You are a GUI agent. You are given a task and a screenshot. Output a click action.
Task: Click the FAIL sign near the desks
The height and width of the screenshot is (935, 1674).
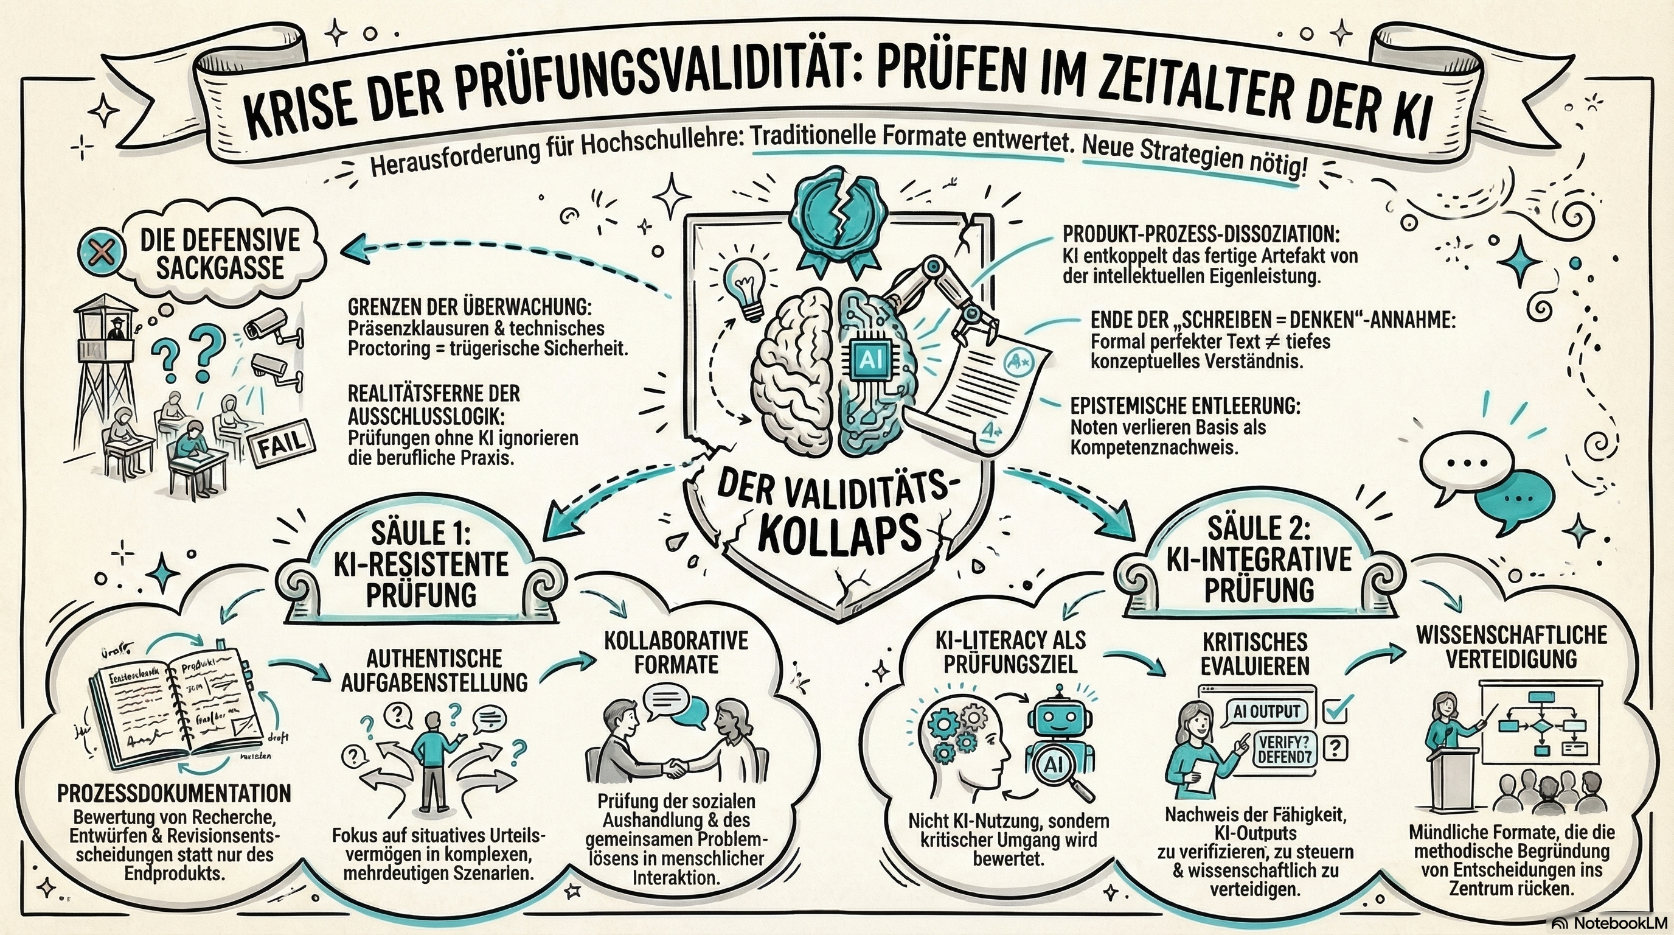282,444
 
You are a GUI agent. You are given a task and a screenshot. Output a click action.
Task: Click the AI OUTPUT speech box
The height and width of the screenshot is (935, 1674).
1266,710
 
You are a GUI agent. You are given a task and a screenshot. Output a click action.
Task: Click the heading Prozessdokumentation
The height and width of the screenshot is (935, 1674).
174,793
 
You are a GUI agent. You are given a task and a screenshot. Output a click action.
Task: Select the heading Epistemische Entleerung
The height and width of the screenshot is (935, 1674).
1186,406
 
